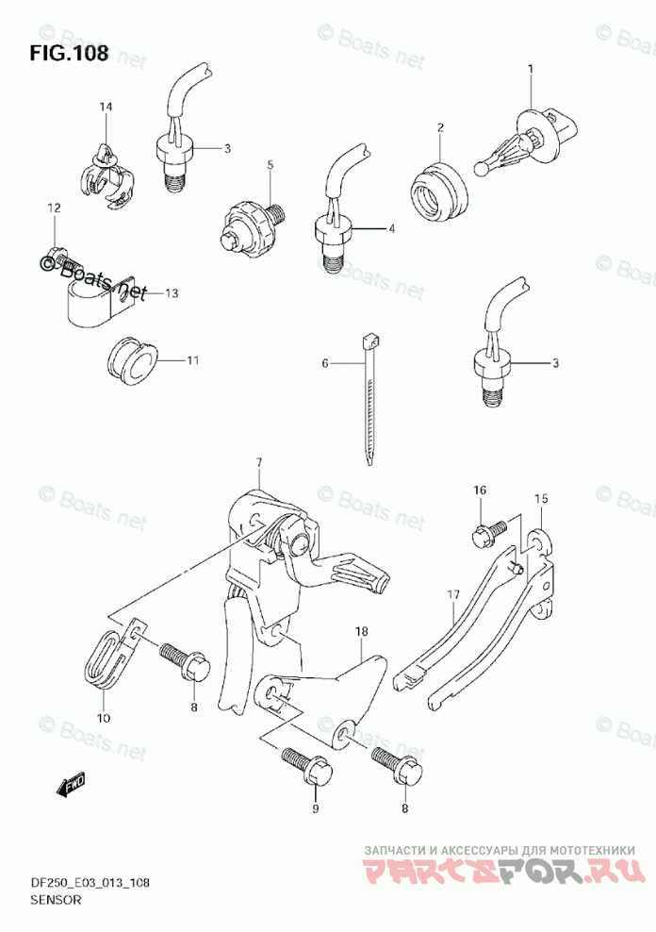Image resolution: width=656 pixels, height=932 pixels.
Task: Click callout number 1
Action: tap(531, 68)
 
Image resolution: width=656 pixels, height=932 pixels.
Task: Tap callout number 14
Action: tap(106, 108)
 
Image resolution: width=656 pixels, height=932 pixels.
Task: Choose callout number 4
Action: tap(390, 228)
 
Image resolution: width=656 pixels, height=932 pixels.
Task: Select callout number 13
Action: tap(170, 293)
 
